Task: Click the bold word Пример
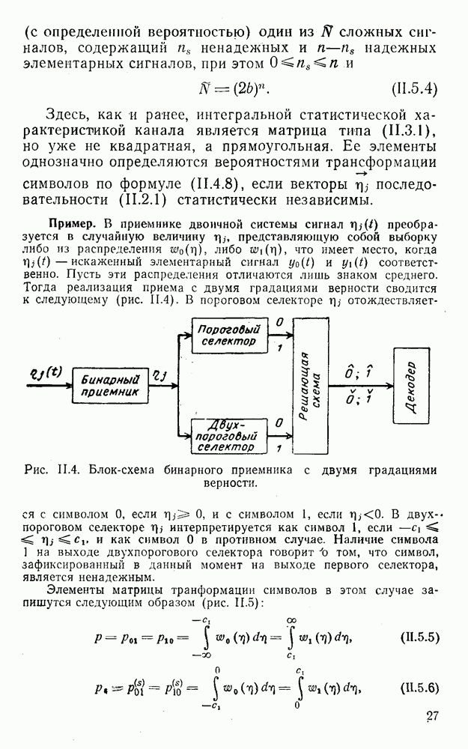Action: pyautogui.click(x=73, y=223)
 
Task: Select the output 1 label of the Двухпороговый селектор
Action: pyautogui.click(x=279, y=448)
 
